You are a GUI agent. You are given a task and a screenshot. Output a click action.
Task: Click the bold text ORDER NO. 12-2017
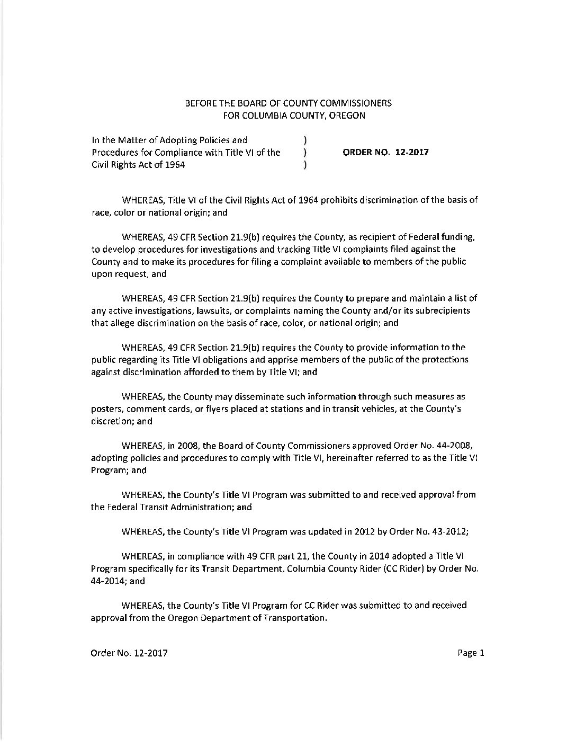point(386,153)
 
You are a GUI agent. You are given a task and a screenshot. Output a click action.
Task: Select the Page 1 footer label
point(471,653)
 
